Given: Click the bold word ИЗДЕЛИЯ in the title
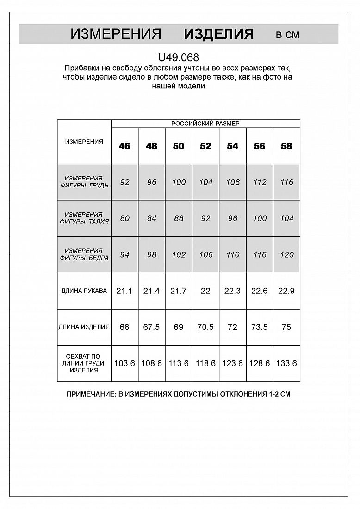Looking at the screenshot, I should pyautogui.click(x=218, y=34).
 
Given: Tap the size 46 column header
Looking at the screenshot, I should pyautogui.click(x=124, y=146).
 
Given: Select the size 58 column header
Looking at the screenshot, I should pyautogui.click(x=286, y=146).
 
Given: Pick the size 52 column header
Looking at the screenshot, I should pyautogui.click(x=205, y=146).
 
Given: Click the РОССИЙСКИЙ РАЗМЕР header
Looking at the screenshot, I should pyautogui.click(x=205, y=124).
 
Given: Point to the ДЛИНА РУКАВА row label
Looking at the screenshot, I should pyautogui.click(x=84, y=291).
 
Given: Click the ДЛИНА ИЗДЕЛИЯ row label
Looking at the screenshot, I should pyautogui.click(x=84, y=327).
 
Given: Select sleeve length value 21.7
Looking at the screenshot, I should pyautogui.click(x=179, y=291).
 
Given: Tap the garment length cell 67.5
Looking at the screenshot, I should pyautogui.click(x=152, y=327).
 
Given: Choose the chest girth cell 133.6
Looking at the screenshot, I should pyautogui.click(x=286, y=364).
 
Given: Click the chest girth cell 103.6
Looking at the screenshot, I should pyautogui.click(x=124, y=364).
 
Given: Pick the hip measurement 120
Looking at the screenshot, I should pyautogui.click(x=286, y=255).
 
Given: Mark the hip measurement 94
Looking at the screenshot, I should pyautogui.click(x=124, y=255).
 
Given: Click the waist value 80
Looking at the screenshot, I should pyautogui.click(x=124, y=218).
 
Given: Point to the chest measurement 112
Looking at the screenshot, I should pyautogui.click(x=260, y=182).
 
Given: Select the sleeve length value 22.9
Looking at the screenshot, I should pyautogui.click(x=286, y=291).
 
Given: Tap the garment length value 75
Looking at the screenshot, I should pyautogui.click(x=286, y=327).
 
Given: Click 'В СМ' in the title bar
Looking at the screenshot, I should pyautogui.click(x=287, y=35).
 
